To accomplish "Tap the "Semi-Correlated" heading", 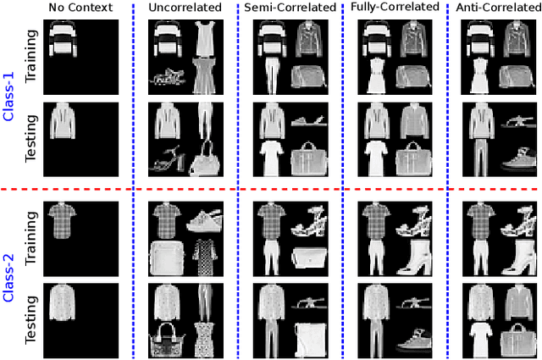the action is (290, 8).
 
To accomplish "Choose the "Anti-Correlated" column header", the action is (499, 8).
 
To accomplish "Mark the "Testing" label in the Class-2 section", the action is (31, 317).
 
